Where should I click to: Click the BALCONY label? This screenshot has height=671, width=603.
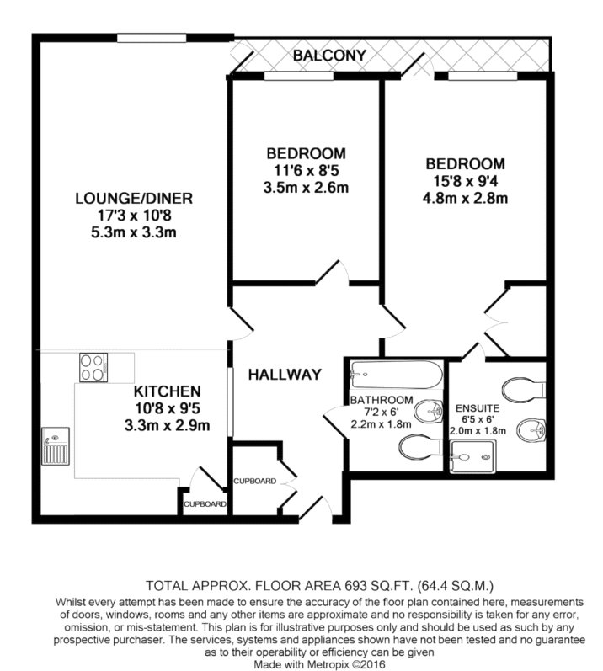[329, 56]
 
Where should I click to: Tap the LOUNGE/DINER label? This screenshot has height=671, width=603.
[134, 198]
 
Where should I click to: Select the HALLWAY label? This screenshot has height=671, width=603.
[285, 375]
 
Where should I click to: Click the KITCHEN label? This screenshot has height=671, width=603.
[167, 391]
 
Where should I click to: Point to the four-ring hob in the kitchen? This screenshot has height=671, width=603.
[93, 367]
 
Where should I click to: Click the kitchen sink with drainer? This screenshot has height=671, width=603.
[56, 446]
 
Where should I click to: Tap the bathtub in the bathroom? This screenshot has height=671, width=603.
[396, 375]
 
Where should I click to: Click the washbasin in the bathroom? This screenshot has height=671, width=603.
[429, 411]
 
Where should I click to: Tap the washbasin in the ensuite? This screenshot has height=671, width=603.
[531, 429]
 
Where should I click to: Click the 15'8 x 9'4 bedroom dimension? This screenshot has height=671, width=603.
[465, 181]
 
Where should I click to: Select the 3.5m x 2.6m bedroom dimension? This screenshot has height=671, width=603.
[306, 188]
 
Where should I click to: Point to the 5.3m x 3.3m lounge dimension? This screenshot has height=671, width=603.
[134, 232]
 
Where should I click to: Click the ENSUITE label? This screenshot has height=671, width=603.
[478, 408]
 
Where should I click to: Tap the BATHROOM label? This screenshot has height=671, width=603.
[382, 400]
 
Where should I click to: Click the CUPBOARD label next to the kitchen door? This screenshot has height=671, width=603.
[205, 504]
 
